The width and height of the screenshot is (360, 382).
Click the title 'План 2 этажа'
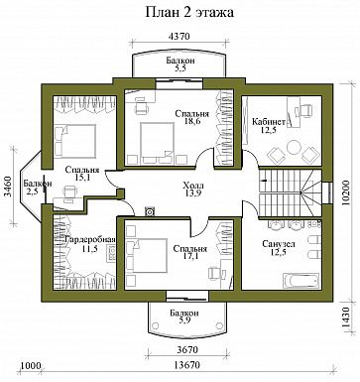click(189, 12)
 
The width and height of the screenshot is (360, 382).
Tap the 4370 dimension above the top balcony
click(179, 37)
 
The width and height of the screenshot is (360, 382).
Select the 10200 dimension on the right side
click(346, 192)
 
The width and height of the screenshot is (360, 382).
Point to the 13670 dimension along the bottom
click(187, 365)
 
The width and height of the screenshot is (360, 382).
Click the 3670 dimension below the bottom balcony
click(187, 350)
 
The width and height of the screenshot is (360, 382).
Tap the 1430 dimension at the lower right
click(346, 318)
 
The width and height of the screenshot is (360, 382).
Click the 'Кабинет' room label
click(269, 122)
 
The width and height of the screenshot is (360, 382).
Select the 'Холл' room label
click(193, 186)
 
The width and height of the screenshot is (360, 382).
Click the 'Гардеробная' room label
click(90, 240)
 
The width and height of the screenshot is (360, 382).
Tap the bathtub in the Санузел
click(300, 281)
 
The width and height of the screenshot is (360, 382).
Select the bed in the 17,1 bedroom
click(150, 255)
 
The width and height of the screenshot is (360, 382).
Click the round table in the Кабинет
click(293, 147)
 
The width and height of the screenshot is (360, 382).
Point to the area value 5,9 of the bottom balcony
click(184, 320)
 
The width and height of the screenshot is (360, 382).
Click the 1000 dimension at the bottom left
click(31, 366)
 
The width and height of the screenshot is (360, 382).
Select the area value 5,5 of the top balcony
click(180, 68)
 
